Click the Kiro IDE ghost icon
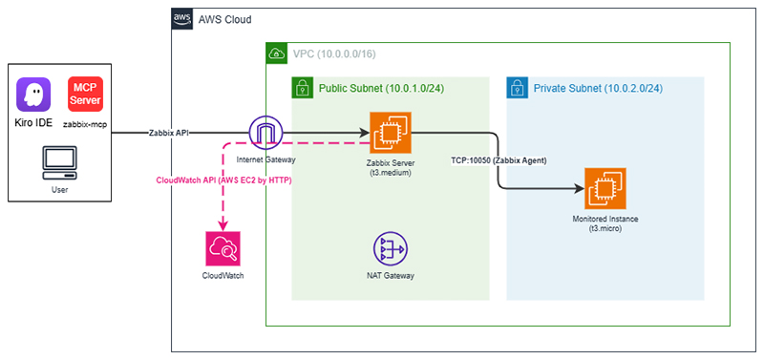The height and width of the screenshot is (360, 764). click(x=33, y=95)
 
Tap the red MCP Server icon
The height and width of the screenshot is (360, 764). click(x=85, y=94)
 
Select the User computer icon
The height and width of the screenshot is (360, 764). click(x=59, y=163)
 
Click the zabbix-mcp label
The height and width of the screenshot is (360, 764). click(x=85, y=125)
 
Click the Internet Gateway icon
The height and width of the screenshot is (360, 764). click(x=266, y=134)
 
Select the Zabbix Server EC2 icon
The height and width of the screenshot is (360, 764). click(x=391, y=133)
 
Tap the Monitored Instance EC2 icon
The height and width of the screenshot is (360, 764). click(x=605, y=188)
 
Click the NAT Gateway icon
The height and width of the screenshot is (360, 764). click(x=391, y=248)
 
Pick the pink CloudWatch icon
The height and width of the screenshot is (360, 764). click(x=223, y=248)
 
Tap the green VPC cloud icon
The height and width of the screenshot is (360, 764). click(x=275, y=53)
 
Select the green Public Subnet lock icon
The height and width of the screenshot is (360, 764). click(x=302, y=88)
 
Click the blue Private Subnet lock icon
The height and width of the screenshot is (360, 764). click(x=517, y=88)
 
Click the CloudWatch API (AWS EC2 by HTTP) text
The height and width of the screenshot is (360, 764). click(x=223, y=180)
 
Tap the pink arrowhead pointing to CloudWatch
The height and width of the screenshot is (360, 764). click(x=223, y=225)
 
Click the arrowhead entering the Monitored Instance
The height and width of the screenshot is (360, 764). click(x=580, y=188)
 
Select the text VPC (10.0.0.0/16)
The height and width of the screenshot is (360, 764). click(x=333, y=53)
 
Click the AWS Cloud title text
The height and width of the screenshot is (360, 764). click(x=224, y=19)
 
